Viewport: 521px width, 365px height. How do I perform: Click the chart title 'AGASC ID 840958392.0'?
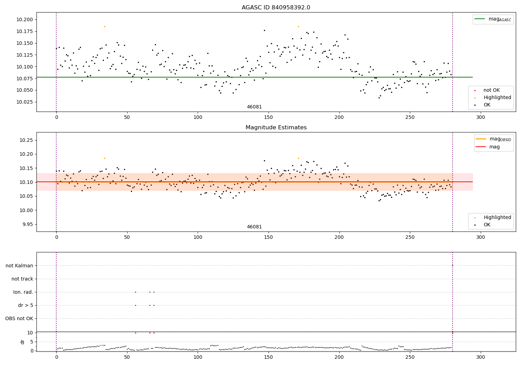(x=276, y=8)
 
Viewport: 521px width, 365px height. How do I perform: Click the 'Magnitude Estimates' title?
(x=276, y=128)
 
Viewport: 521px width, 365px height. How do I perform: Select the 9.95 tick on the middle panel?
(x=27, y=224)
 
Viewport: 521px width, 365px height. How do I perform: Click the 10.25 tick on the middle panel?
(x=27, y=140)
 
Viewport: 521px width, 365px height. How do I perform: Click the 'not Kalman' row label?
(x=19, y=266)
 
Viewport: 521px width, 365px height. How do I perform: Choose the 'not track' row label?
(x=22, y=279)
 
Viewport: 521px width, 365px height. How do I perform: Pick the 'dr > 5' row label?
(x=26, y=305)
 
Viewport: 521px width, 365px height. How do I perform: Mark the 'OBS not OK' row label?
(x=19, y=318)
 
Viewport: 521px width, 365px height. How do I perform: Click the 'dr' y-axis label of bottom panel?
(x=23, y=342)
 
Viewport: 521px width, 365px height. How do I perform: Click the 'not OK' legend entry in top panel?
(x=491, y=90)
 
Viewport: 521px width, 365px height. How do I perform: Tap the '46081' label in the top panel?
(x=254, y=107)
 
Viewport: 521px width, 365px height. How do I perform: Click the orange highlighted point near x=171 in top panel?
(x=298, y=26)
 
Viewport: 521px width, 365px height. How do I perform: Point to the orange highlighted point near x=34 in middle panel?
(x=105, y=158)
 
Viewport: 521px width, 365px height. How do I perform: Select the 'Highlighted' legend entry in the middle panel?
(x=497, y=218)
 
